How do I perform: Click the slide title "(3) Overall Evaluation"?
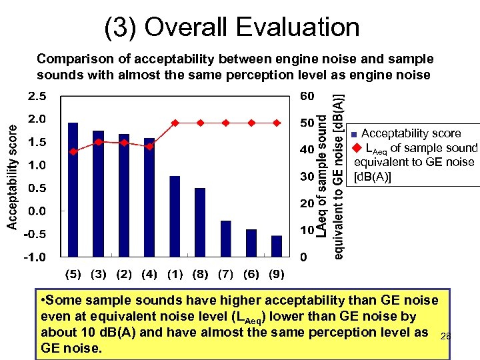231,27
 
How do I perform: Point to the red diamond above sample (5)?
73,152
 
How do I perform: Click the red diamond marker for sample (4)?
149,146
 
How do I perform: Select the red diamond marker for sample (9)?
277,123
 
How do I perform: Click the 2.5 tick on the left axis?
37,97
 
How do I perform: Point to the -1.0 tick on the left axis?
35,257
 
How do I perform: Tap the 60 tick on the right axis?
307,97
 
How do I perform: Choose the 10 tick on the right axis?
305,230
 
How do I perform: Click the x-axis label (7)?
225,274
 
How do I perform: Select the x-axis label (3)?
98,274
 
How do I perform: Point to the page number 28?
445,337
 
